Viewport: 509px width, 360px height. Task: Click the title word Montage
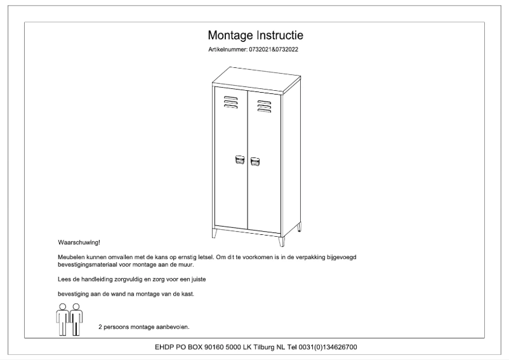[x=231, y=34]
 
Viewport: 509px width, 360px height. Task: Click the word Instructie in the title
[x=279, y=34]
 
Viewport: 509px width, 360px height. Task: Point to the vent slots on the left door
[x=230, y=102]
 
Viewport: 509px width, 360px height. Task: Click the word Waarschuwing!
[x=79, y=243]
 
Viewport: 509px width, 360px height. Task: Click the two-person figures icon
[x=69, y=319]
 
